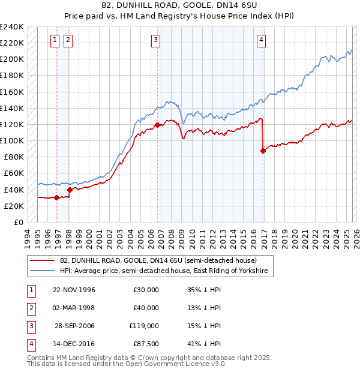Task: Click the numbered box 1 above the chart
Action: [55, 40]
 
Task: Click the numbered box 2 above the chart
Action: [67, 40]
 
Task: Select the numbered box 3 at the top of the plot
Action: [155, 40]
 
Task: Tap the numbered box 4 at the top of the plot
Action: [262, 40]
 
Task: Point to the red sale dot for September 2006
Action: [157, 125]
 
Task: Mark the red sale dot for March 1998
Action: [70, 190]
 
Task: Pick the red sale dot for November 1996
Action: [57, 197]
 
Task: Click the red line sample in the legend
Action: [43, 260]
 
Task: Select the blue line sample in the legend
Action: [43, 271]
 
